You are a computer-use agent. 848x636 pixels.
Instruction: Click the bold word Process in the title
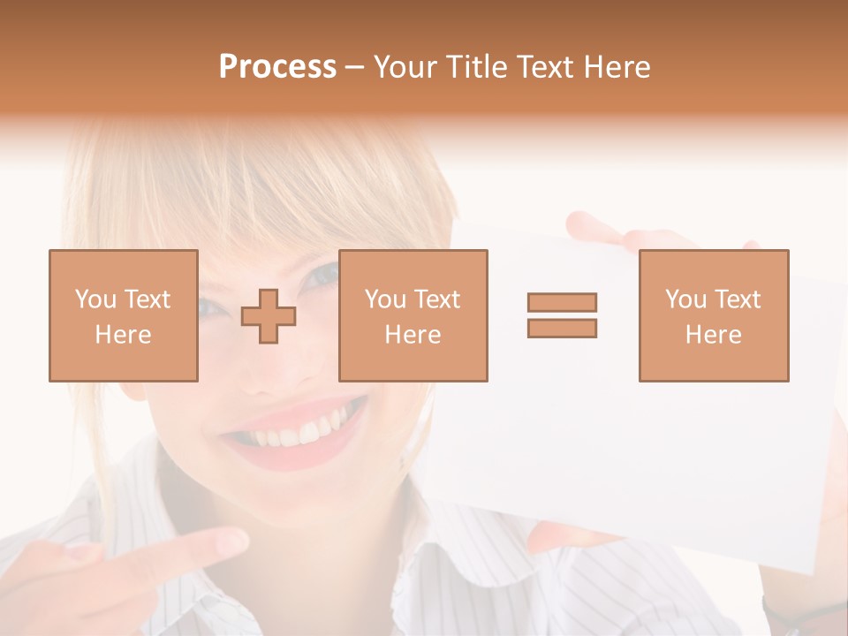(x=277, y=67)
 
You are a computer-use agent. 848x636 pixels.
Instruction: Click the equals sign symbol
(x=562, y=315)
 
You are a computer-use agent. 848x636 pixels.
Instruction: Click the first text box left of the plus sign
(x=124, y=315)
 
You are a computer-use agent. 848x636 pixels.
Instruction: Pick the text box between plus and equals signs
(x=413, y=315)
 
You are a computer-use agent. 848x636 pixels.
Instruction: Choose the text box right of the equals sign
(x=714, y=315)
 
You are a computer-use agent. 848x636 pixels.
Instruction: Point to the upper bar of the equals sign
(x=562, y=303)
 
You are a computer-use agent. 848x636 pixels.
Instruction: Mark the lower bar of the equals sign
(x=562, y=328)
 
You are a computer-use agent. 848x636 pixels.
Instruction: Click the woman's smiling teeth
(x=296, y=433)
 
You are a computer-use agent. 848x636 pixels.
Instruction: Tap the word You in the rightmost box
(x=686, y=299)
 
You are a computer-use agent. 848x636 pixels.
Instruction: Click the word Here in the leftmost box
(x=124, y=335)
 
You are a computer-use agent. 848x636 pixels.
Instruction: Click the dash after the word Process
(x=355, y=67)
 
